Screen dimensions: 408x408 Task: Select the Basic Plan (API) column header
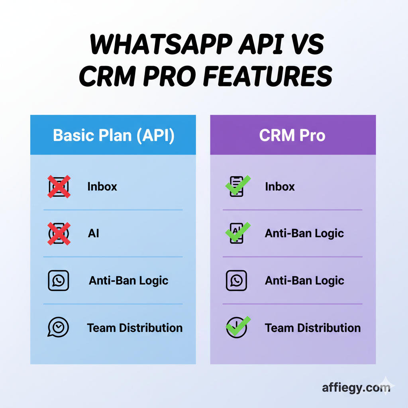coord(114,135)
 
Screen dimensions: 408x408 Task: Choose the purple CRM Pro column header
coord(292,135)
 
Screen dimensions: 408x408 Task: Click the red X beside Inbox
coord(59,186)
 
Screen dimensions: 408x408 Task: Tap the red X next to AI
coord(59,233)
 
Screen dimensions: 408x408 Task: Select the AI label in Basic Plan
coord(93,233)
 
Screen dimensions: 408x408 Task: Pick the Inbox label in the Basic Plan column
coord(102,186)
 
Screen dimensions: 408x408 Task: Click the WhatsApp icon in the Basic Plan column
coord(59,280)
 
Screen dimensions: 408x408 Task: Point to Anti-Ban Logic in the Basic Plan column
coord(128,280)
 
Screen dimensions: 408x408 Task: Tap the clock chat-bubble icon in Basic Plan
coord(59,328)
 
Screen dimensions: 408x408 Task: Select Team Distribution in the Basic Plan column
coord(135,328)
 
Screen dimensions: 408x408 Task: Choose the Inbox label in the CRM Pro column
coord(280,186)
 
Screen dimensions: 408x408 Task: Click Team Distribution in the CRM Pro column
coord(312,328)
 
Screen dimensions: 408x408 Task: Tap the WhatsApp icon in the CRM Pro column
coord(236,280)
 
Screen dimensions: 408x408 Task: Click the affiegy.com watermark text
coord(356,387)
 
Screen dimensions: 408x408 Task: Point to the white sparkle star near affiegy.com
coord(386,384)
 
